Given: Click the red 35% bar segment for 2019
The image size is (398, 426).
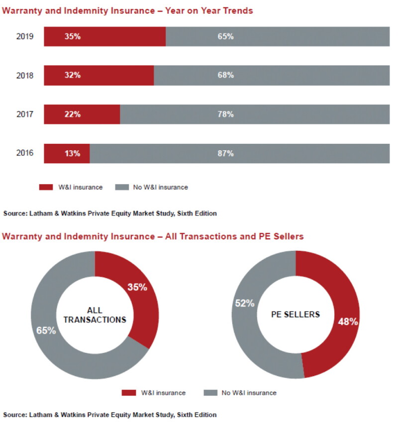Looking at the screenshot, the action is pos(105,36).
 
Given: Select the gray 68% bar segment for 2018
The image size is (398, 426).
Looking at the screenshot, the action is pos(272,75).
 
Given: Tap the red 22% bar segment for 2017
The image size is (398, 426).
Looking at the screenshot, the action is pos(82,114).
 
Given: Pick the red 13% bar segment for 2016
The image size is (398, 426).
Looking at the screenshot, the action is pos(67,153).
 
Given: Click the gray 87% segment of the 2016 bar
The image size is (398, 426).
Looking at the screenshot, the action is pos(240,153).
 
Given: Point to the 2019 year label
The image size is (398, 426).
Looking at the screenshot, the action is pos(25,36).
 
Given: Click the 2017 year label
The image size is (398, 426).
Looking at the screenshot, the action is pos(25,114).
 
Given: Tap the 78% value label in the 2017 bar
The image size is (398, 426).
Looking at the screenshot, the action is pos(225,114).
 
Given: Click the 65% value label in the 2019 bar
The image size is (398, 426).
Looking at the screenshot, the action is pos(225,36).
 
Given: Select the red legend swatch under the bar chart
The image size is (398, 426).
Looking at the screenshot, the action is pos(46,187).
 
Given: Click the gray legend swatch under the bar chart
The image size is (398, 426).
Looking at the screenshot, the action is pos(122,187).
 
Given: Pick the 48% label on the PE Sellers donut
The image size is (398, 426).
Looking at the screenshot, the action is pos(348,321).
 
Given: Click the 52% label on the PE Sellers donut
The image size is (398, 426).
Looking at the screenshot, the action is pos(245,303).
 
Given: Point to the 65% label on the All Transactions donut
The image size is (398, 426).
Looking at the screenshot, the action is pos(46,330).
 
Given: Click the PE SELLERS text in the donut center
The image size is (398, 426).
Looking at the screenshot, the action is pos(296,315).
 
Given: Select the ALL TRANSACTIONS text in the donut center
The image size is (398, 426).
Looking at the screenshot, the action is pos(95,315).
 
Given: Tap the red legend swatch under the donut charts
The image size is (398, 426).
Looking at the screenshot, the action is pos(129,393).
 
